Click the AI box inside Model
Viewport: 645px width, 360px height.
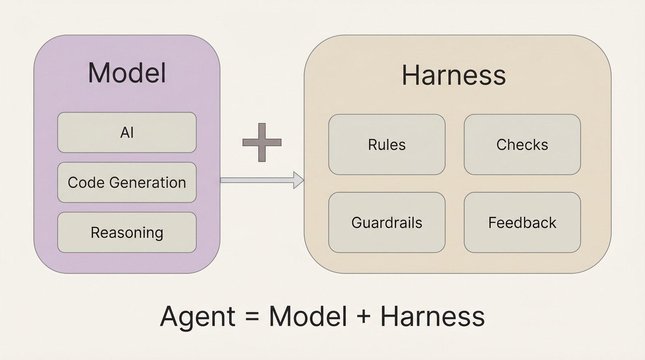pos(127,132)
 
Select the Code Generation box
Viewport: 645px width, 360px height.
pos(127,182)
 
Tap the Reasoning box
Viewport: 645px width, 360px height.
pos(127,232)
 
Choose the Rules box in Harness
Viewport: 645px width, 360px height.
pos(387,144)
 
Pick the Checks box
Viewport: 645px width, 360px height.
pos(522,144)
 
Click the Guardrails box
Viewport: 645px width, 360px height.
pos(387,223)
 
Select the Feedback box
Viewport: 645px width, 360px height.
pos(522,223)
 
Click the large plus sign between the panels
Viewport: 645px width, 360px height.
pos(262,142)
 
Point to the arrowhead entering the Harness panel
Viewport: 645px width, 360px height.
pos(298,180)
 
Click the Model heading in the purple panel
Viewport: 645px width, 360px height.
pos(127,73)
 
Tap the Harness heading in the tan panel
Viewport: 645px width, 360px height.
pos(454,75)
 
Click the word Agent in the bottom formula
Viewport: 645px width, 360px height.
pos(198,317)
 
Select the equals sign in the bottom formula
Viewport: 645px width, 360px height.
pos(252,316)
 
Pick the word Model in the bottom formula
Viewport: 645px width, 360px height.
pos(308,316)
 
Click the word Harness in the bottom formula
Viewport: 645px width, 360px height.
pos(432,316)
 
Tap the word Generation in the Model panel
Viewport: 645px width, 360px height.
pos(148,183)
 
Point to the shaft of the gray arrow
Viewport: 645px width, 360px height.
pos(256,180)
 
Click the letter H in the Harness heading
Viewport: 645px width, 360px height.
pos(411,75)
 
